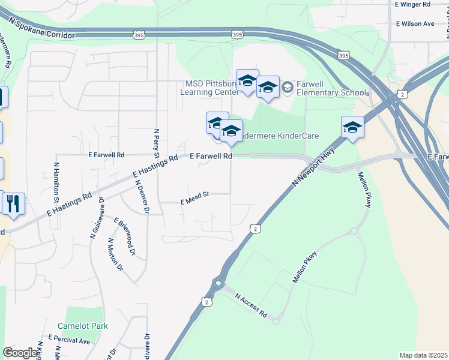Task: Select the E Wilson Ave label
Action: click(415, 24)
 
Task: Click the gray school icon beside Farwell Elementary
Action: click(288, 88)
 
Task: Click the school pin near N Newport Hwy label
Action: click(352, 127)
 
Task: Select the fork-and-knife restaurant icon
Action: click(13, 203)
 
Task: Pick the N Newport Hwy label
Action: click(312, 171)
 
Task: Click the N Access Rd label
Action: click(251, 305)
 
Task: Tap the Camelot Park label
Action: click(82, 326)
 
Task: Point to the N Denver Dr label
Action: click(142, 196)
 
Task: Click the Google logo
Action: click(20, 353)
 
